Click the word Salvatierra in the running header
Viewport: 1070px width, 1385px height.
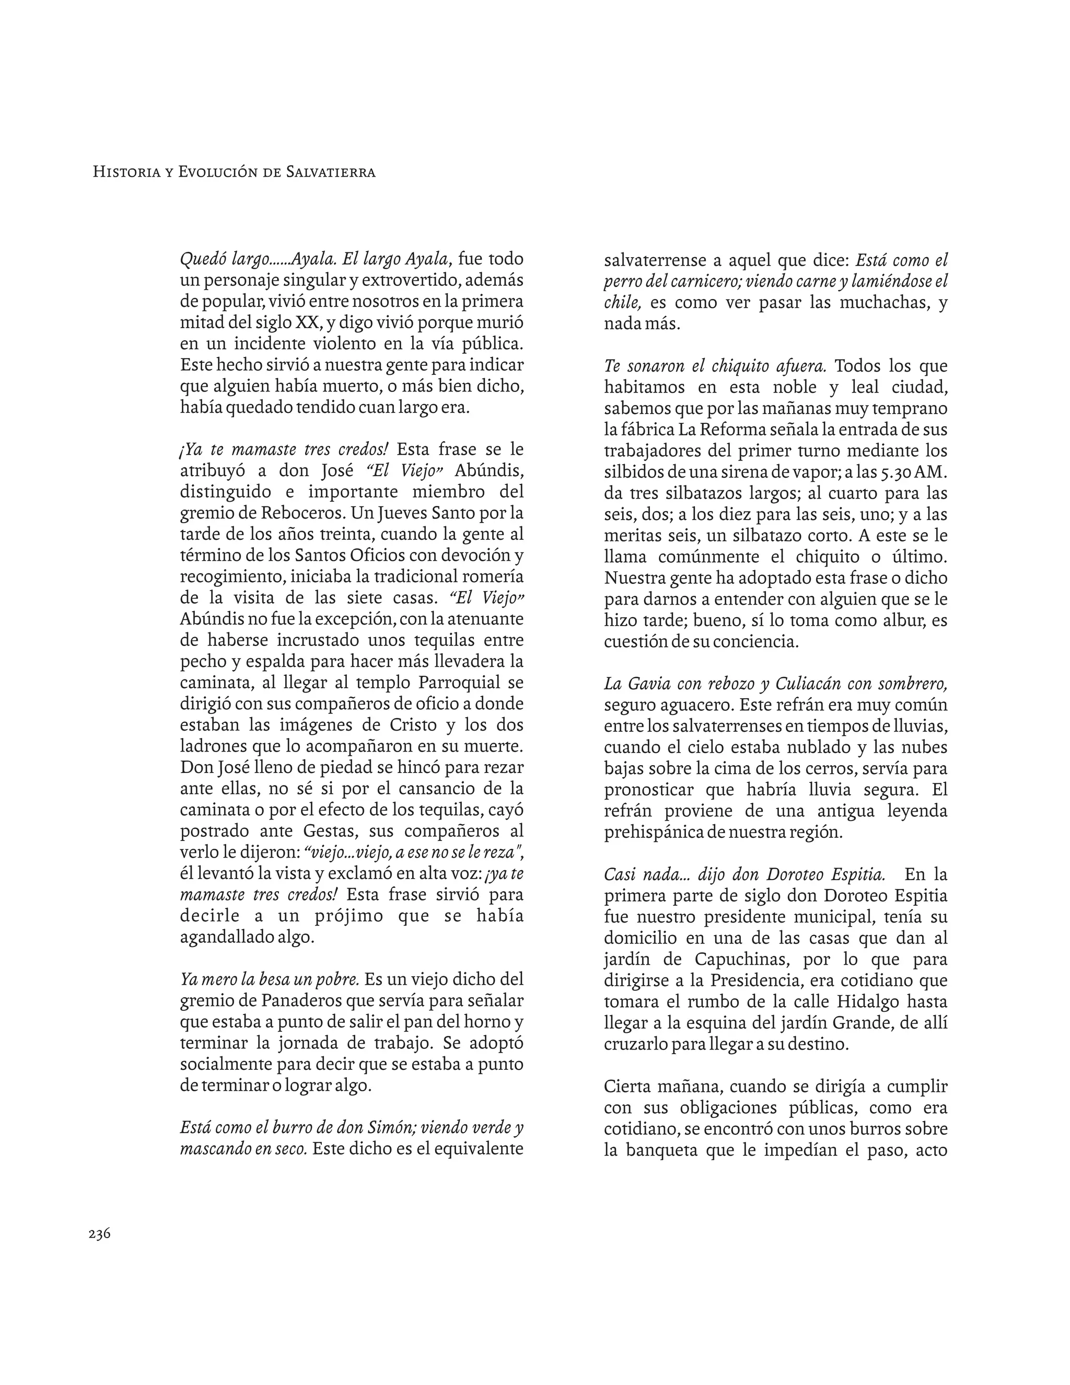[x=331, y=172]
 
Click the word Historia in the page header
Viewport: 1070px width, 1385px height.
[x=125, y=172]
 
